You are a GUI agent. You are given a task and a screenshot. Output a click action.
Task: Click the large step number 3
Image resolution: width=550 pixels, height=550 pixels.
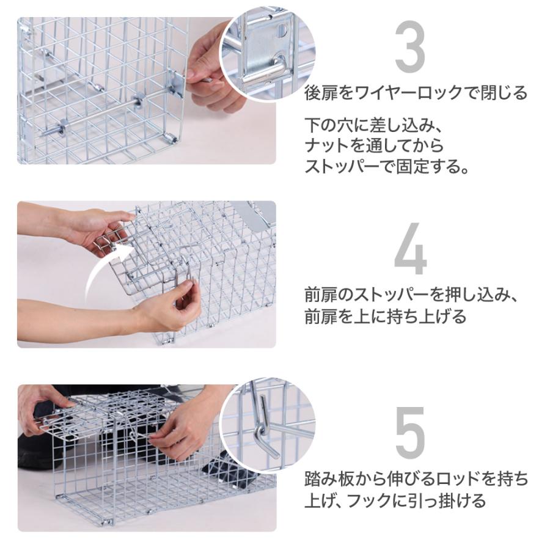click(x=410, y=46)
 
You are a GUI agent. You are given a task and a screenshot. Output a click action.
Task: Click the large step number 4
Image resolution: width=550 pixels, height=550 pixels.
click(x=411, y=249)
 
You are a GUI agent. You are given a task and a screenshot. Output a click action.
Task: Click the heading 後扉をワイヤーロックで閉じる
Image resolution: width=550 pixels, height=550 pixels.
click(x=416, y=94)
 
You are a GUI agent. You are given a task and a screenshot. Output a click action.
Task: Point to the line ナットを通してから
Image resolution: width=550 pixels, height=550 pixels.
click(x=374, y=146)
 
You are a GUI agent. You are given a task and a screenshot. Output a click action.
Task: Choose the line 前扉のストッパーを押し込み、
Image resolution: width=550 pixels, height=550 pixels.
click(x=411, y=295)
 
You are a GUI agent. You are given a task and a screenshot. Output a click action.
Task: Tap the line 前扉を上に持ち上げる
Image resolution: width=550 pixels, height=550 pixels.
click(x=385, y=317)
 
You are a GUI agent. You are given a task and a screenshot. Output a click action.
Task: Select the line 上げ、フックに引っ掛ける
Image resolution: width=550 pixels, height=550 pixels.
click(x=395, y=500)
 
